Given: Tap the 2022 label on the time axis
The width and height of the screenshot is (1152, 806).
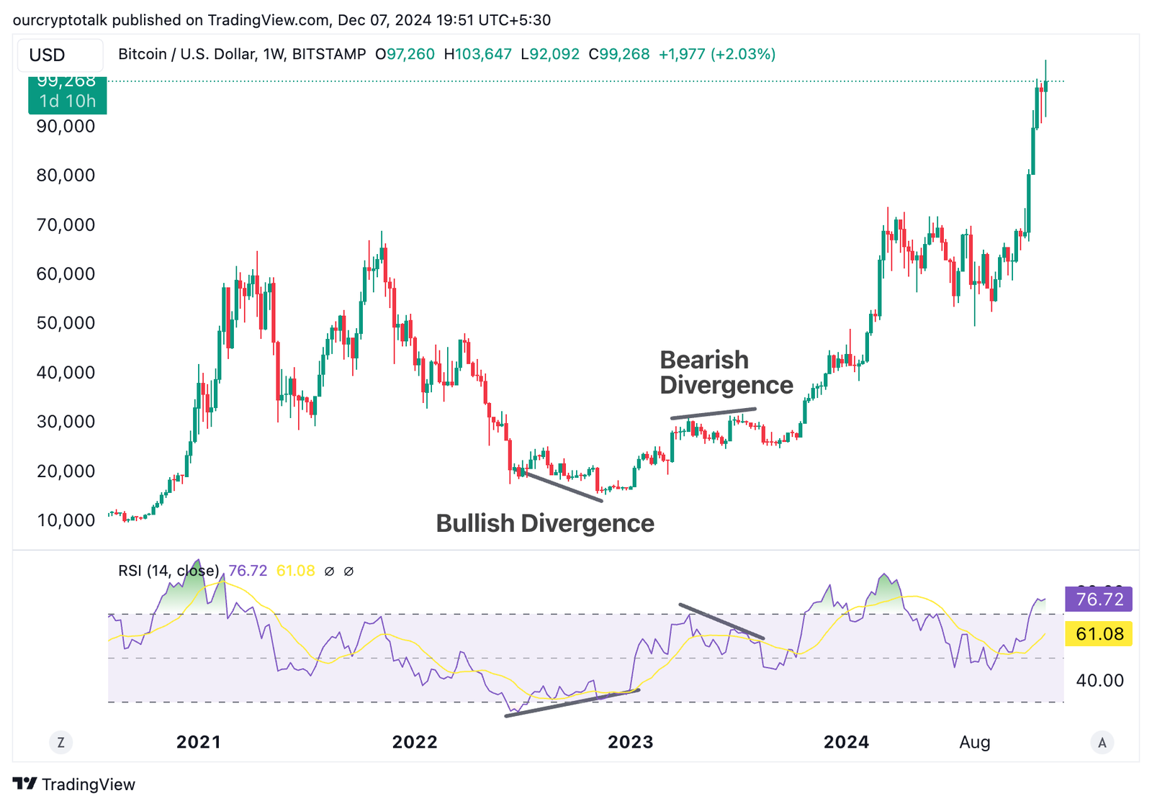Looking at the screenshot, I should [x=415, y=742].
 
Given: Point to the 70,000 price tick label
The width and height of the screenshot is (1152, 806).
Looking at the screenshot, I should [x=66, y=225].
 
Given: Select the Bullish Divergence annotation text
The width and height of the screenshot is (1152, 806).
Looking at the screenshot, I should [x=545, y=523].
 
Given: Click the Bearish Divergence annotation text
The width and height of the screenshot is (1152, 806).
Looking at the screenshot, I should [x=726, y=372].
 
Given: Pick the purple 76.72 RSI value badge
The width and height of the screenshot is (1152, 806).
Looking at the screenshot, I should [x=1099, y=599].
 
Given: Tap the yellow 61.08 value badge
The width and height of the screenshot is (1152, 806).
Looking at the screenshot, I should [x=1099, y=634].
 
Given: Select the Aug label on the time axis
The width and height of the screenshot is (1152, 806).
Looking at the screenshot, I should [x=975, y=742].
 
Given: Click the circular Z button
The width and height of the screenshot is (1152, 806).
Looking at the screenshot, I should [x=61, y=742].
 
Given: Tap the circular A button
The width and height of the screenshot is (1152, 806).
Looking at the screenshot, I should [x=1102, y=742].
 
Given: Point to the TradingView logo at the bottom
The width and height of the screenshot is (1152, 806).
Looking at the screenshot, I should [x=74, y=784].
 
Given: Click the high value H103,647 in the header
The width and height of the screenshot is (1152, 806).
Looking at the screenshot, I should [x=477, y=54].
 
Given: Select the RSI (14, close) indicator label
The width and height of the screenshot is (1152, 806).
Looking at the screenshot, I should [x=168, y=571].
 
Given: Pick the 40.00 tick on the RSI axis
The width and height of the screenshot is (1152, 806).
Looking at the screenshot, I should [x=1099, y=680].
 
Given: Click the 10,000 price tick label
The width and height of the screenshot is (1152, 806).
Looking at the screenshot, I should [x=66, y=520].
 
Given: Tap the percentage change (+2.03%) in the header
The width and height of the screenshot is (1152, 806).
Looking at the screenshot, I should [x=743, y=54].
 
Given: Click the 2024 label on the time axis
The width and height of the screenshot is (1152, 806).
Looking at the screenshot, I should [x=846, y=742].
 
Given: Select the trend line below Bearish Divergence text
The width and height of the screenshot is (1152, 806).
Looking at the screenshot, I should [x=713, y=413].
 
